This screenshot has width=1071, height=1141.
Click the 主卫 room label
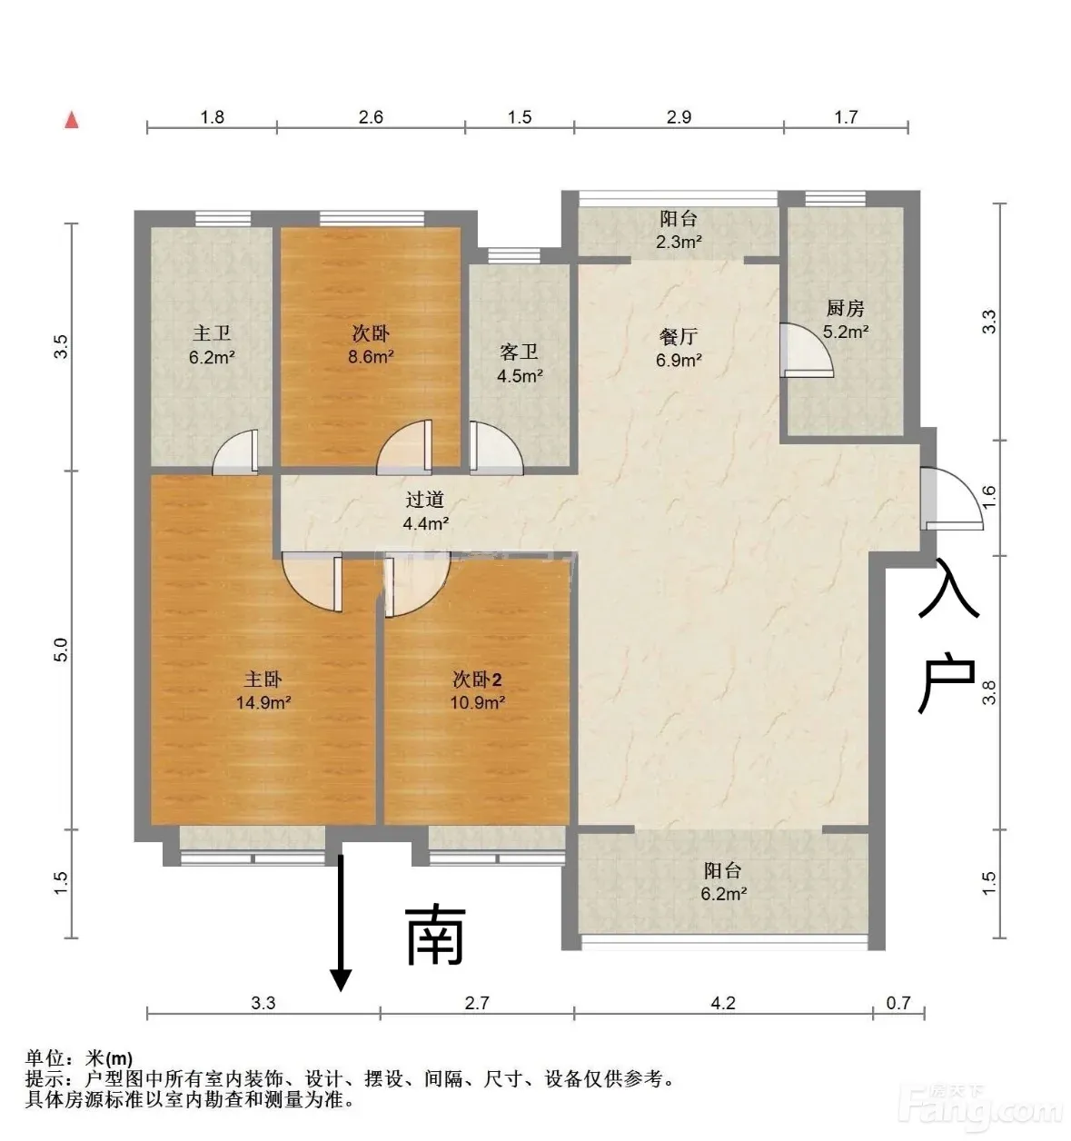click(x=212, y=333)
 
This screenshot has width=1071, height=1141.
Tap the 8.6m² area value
click(x=371, y=357)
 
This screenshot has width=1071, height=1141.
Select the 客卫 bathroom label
click(x=520, y=352)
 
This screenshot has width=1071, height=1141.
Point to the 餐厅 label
click(x=679, y=336)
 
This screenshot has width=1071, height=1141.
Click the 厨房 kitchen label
click(x=845, y=309)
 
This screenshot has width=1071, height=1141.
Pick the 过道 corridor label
click(x=424, y=500)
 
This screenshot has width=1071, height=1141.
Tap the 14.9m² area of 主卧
click(x=263, y=702)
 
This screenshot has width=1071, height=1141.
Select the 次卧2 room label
click(x=477, y=680)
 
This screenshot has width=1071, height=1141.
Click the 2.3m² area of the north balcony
click(x=679, y=242)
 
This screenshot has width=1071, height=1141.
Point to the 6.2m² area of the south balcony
click(x=723, y=894)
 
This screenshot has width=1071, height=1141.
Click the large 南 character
click(x=435, y=936)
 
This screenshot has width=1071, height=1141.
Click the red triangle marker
click(x=71, y=120)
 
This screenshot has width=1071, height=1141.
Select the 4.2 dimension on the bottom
click(x=723, y=1003)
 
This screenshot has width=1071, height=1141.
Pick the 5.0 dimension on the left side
click(x=60, y=650)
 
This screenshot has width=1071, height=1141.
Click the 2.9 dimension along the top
click(x=679, y=117)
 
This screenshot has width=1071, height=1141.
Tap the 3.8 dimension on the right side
click(x=989, y=692)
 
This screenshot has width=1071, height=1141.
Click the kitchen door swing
click(x=806, y=351)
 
